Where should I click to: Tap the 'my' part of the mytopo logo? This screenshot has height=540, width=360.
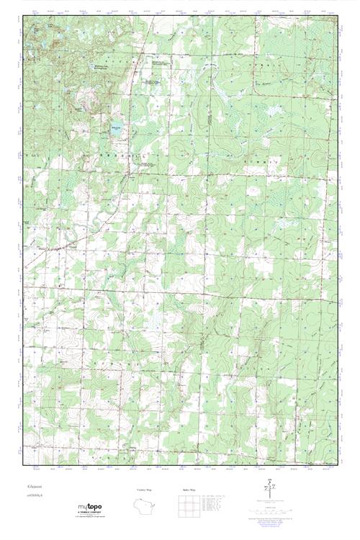click(x=83, y=507)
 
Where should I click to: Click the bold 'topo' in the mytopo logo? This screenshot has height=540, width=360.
click(x=96, y=507)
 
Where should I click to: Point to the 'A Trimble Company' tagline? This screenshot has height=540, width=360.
click(x=91, y=513)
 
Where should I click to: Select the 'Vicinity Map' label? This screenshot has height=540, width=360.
click(x=144, y=489)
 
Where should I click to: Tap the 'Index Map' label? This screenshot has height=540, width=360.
click(x=188, y=489)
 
